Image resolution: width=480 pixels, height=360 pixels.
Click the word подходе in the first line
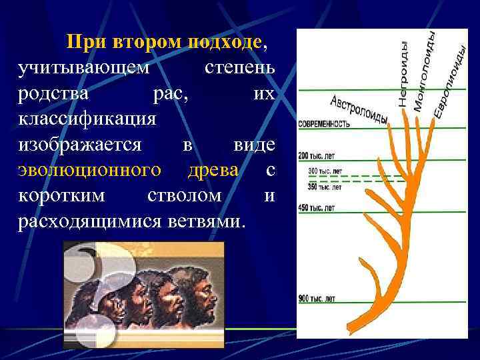(226, 43)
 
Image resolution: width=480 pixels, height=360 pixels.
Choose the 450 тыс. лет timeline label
(316, 209)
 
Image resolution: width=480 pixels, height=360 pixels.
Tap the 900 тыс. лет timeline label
(317, 297)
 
